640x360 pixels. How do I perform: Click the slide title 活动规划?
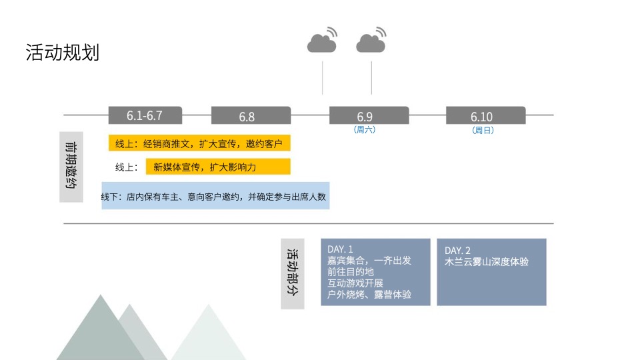[x=62, y=53]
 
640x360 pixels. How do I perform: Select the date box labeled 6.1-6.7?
[x=145, y=115]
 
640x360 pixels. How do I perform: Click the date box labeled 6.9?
[x=369, y=116]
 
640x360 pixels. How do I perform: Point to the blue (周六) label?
[x=365, y=130]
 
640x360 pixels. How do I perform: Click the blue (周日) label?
[x=483, y=131]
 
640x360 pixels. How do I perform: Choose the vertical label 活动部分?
[x=292, y=273]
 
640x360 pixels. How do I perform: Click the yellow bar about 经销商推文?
[x=199, y=143]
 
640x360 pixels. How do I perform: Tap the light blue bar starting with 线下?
[x=215, y=197]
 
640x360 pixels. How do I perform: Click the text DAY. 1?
[x=340, y=249]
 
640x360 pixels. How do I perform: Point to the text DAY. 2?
[x=457, y=249]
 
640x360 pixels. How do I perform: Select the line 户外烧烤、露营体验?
[x=369, y=294]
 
